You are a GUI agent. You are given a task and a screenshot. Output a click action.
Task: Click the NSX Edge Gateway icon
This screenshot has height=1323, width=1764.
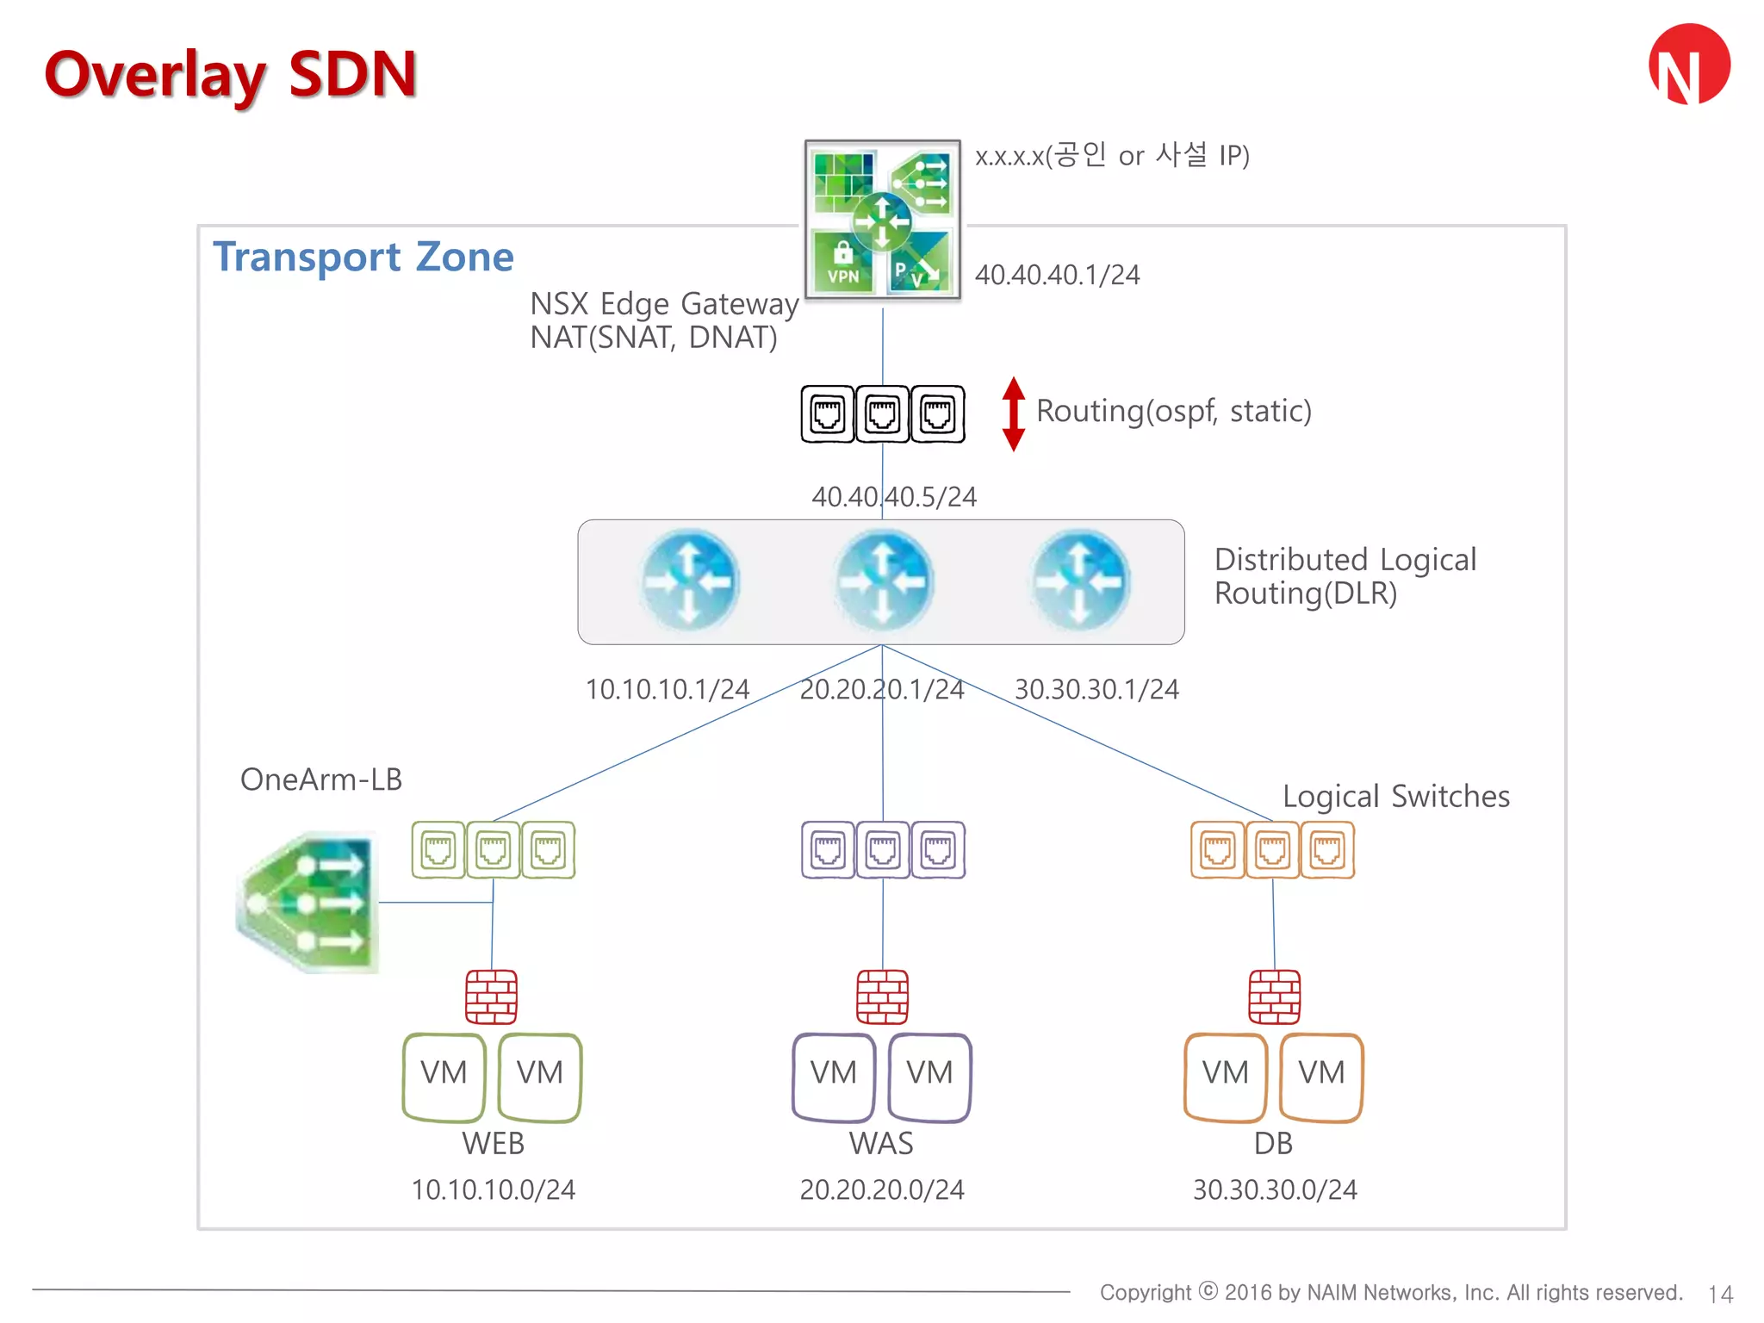point(882,220)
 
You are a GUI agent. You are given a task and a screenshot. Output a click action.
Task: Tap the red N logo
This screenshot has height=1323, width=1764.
point(1689,65)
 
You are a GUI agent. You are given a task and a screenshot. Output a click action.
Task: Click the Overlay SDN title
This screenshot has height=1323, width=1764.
point(231,75)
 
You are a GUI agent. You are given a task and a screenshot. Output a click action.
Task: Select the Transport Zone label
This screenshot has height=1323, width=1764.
point(363,257)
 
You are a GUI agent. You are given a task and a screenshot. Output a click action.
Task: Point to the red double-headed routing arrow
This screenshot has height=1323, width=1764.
point(1014,413)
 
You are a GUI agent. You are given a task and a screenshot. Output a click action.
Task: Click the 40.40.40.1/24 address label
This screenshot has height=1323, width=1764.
point(1057,275)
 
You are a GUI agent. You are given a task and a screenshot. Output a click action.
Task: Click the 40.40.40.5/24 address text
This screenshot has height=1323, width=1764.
point(894,497)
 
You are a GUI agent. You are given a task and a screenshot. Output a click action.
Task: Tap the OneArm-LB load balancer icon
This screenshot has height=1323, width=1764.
point(307,903)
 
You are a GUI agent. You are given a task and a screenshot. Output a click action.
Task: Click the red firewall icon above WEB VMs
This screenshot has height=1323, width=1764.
point(492,997)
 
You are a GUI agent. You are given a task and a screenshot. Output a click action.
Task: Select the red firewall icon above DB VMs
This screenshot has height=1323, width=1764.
point(1275,997)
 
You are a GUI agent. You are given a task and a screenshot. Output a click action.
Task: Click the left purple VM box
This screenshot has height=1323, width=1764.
point(834,1077)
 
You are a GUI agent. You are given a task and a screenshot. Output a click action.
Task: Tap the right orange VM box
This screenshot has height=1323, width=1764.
point(1321,1077)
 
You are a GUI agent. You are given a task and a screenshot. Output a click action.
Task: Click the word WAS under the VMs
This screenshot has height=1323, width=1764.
point(881,1144)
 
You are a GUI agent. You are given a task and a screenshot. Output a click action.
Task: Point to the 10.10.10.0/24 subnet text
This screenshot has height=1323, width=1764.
point(493,1190)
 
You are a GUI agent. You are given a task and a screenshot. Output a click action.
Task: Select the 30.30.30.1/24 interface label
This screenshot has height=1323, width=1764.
point(1096,690)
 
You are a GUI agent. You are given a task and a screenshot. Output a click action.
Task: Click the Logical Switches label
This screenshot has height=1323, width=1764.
point(1395,797)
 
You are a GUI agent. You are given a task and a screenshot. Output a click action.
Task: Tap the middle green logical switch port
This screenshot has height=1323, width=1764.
point(493,850)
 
